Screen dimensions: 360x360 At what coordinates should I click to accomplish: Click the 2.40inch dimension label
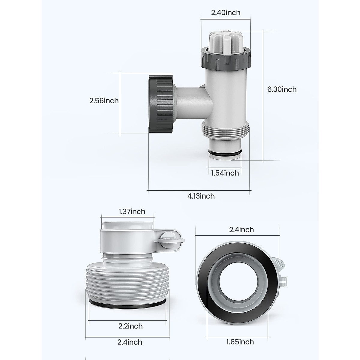(225, 13)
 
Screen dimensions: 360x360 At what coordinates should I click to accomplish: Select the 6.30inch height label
(282, 89)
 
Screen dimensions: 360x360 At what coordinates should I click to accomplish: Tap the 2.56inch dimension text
(104, 101)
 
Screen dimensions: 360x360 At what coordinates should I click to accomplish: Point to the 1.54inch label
(225, 173)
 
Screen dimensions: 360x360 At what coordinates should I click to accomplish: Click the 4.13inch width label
(201, 196)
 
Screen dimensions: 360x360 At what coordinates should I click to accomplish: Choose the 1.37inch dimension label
(132, 211)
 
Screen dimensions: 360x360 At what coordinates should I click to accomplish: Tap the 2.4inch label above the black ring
(241, 230)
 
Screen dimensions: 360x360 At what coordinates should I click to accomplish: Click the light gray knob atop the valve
(225, 37)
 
